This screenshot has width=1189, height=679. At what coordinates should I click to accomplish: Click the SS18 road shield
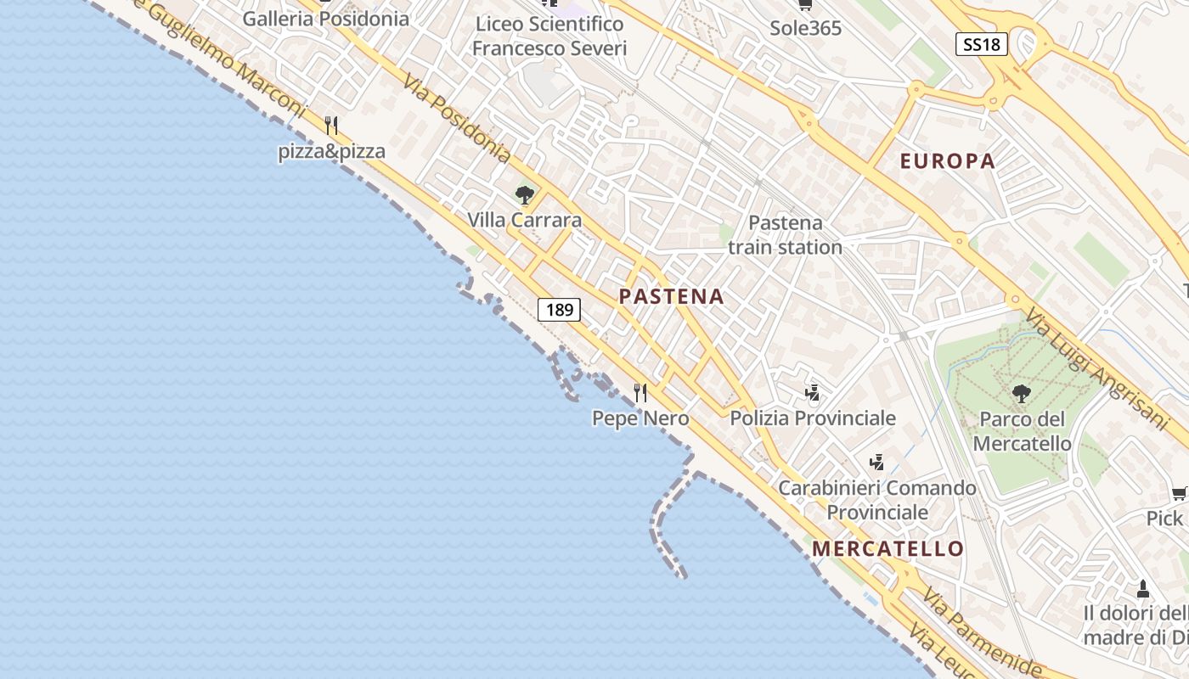coord(982,44)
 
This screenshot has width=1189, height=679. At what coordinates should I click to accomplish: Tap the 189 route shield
coord(560,310)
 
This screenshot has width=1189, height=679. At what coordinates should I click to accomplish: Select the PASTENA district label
coord(671,296)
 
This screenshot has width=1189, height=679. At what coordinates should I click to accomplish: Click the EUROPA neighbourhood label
coord(947,161)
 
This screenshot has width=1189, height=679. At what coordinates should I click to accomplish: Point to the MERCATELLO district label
coord(888,548)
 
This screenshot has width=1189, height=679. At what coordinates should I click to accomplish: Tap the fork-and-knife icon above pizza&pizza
coord(331,126)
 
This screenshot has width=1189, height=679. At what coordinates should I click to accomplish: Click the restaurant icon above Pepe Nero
coord(640,392)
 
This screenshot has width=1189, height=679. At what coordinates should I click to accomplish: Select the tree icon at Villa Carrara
coord(525,195)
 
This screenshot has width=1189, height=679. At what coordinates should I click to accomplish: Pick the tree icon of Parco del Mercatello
coord(1021,393)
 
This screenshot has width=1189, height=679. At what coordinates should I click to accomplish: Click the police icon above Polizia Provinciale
coord(813,392)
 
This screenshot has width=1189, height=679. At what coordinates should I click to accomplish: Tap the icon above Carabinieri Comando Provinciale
coord(877,463)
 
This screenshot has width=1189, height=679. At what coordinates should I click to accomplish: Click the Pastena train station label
coord(786,235)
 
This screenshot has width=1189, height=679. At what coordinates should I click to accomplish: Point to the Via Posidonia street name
coord(457,119)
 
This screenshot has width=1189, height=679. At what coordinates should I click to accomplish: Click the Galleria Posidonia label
coord(325,19)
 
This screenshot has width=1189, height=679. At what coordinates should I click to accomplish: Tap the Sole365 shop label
coord(805,28)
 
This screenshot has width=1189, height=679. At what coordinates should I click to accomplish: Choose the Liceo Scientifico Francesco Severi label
coord(549,36)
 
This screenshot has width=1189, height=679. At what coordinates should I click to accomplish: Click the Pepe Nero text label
coord(640,418)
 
